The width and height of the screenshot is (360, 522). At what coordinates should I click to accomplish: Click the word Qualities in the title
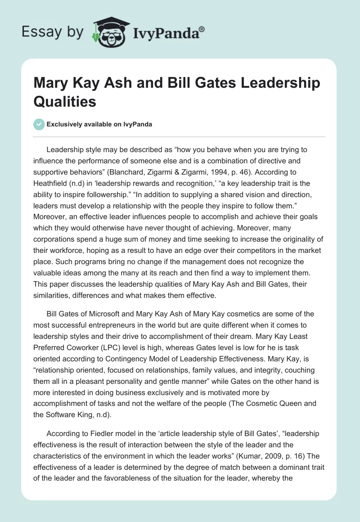[65, 102]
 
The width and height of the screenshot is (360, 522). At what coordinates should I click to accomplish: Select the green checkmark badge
[39, 124]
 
